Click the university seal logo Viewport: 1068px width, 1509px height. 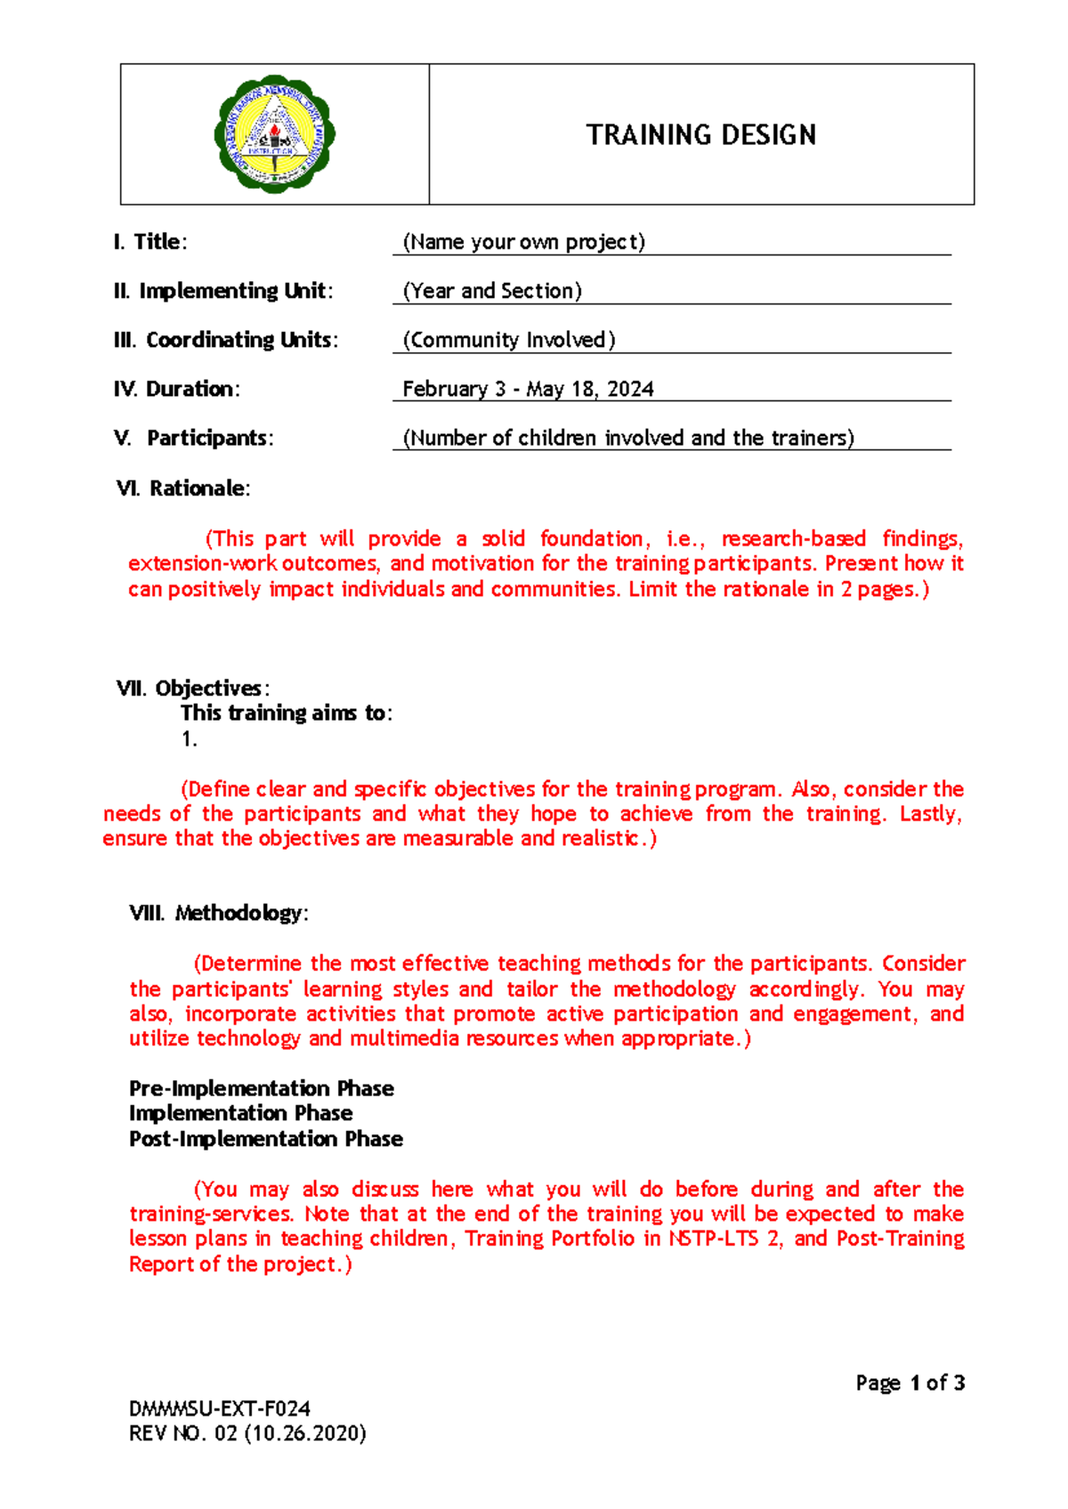pyautogui.click(x=274, y=134)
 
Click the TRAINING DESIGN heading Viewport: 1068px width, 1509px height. pyautogui.click(x=700, y=135)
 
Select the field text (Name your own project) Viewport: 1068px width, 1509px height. pyautogui.click(x=523, y=242)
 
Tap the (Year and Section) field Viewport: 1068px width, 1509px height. pyautogui.click(x=492, y=291)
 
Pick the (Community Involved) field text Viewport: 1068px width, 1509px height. pyautogui.click(x=508, y=340)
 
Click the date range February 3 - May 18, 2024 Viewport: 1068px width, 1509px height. pyautogui.click(x=528, y=389)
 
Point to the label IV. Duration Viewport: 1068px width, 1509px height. pyautogui.click(x=176, y=389)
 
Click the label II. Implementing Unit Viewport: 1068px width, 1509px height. pyautogui.click(x=223, y=291)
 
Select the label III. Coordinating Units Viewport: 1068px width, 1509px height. pyautogui.click(x=226, y=340)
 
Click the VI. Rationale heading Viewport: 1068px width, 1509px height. pyautogui.click(x=183, y=488)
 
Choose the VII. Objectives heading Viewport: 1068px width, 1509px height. pyautogui.click(x=192, y=688)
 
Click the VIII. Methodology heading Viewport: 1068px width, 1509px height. pyautogui.click(x=219, y=913)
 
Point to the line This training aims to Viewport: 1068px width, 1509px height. pyautogui.click(x=286, y=713)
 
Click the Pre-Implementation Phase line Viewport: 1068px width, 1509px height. pyautogui.click(x=261, y=1088)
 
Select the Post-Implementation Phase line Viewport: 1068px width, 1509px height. pyautogui.click(x=265, y=1139)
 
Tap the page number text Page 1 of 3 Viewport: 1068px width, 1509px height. pyautogui.click(x=910, y=1383)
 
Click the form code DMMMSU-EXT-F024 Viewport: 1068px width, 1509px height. pyautogui.click(x=219, y=1408)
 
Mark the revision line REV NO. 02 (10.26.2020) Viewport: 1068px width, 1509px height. pyautogui.click(x=247, y=1433)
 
